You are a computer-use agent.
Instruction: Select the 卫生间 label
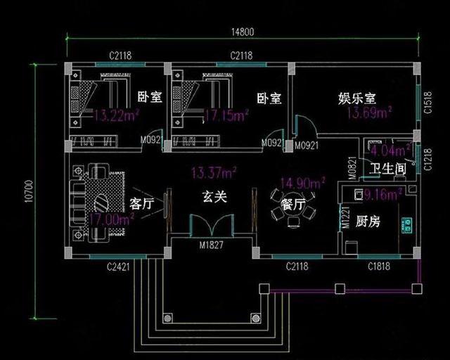(x=389, y=169)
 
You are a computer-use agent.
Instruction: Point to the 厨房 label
(x=368, y=222)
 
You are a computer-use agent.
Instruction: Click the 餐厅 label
(x=292, y=205)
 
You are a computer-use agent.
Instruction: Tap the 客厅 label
(x=143, y=205)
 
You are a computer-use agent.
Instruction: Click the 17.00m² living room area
(x=113, y=219)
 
